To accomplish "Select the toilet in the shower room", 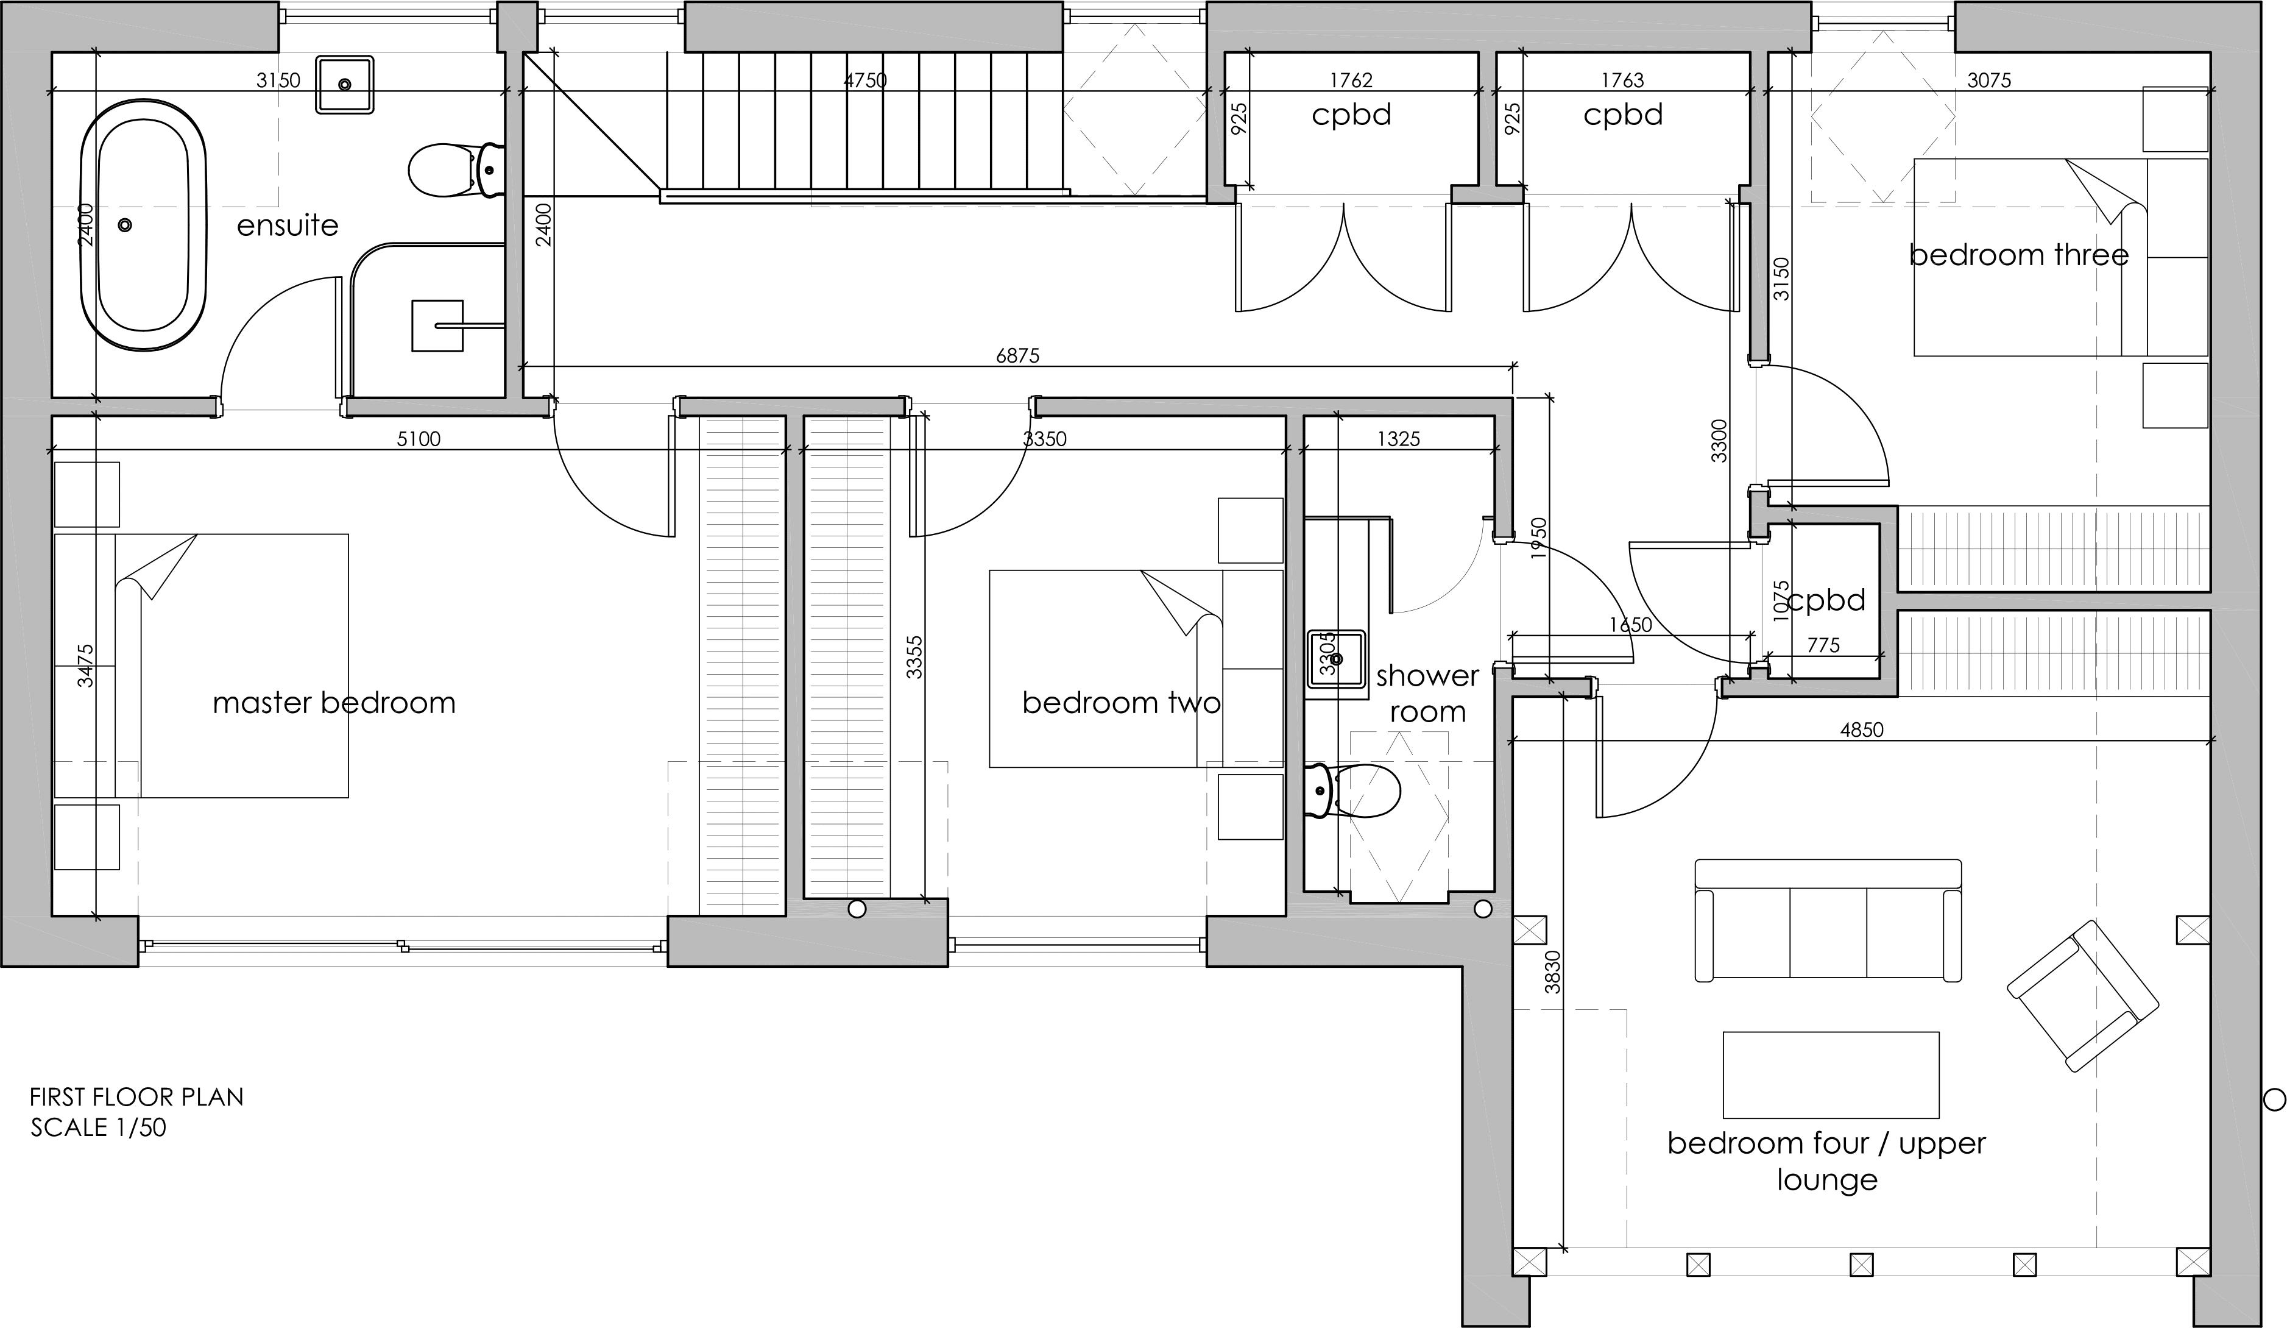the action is pos(1352,790).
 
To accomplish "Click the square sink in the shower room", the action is pos(1337,659).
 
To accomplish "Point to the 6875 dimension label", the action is pos(1017,356).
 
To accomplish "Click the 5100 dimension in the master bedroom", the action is pos(419,439).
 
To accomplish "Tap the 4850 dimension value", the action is pos(1861,729).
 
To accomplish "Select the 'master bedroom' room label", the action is pos(334,703).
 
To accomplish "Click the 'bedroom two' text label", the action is pos(1121,703).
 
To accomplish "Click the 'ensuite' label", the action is pos(288,225).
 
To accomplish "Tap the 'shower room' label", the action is pos(1427,694).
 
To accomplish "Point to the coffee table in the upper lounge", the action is pos(1831,1074).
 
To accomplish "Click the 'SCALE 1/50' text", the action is pos(98,1128).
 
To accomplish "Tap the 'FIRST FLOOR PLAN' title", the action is pos(136,1096).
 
